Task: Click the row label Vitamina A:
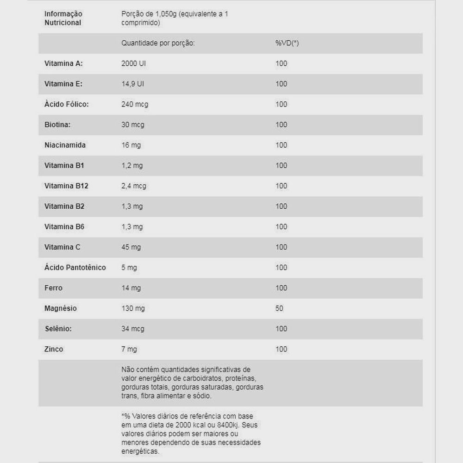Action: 63,63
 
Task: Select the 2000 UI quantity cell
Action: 133,63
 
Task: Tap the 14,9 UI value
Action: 133,84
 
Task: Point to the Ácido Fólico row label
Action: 66,104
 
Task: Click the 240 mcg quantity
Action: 135,104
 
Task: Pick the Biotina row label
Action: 57,125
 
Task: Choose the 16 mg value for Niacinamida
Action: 131,145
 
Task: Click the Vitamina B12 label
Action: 66,186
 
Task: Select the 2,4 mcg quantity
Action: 134,186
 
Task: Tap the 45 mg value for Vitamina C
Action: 131,247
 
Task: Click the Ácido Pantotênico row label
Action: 75,267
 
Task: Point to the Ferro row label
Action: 53,288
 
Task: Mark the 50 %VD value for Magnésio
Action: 279,308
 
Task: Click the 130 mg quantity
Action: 133,308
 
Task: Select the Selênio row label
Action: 58,328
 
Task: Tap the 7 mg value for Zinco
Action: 129,349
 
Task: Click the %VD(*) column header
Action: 287,43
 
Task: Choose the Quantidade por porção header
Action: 158,43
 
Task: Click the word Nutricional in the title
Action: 63,23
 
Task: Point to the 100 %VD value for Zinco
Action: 281,349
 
